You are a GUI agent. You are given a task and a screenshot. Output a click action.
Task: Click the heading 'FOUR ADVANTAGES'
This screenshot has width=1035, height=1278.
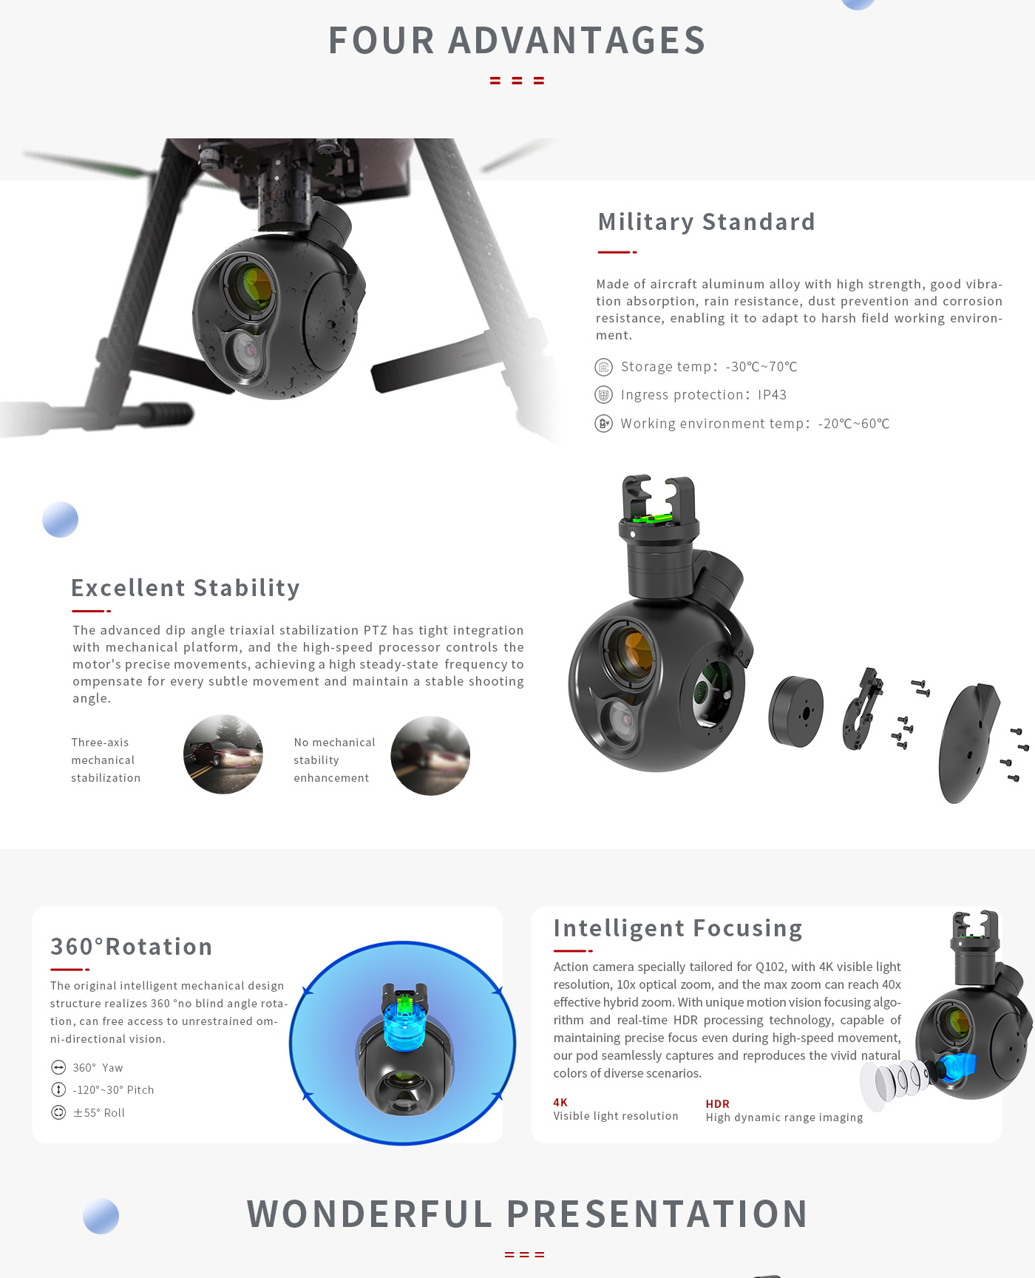tap(517, 40)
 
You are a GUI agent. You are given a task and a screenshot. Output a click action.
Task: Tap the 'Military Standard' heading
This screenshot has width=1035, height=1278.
tap(706, 222)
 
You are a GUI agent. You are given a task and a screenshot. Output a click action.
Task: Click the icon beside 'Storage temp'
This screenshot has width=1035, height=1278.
tap(604, 367)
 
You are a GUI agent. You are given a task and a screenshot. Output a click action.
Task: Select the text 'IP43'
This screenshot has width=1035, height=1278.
tap(772, 395)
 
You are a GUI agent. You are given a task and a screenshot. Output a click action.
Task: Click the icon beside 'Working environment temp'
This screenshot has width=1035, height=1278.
tap(604, 424)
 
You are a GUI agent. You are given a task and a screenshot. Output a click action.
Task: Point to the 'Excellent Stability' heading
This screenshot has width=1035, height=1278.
tap(186, 588)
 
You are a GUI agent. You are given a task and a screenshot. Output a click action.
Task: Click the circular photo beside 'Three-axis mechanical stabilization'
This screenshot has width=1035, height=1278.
tap(223, 754)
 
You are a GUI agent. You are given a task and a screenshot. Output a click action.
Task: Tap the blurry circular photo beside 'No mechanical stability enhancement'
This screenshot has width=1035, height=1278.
tap(430, 756)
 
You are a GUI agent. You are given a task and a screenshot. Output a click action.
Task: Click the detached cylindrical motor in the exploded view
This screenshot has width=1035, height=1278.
tap(796, 711)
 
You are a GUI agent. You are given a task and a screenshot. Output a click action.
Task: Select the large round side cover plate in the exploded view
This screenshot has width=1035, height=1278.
tap(968, 743)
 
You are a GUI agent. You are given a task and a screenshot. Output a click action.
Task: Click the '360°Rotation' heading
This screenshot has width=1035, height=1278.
tap(131, 947)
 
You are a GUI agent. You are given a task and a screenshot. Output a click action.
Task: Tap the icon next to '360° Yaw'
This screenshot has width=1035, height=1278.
tap(58, 1067)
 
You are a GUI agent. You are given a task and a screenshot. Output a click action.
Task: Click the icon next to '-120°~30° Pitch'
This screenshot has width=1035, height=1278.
tap(58, 1089)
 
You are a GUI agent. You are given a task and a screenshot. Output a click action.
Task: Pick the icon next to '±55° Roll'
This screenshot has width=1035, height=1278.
tap(58, 1112)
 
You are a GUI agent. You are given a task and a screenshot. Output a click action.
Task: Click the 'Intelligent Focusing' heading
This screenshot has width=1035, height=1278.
tap(678, 928)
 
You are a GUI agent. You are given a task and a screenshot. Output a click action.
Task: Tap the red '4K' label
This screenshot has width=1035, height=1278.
tap(560, 1102)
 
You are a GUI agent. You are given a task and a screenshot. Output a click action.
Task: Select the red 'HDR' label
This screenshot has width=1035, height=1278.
tap(717, 1103)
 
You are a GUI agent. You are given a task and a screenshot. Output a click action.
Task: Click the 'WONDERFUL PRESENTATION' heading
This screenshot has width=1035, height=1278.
tap(527, 1214)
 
